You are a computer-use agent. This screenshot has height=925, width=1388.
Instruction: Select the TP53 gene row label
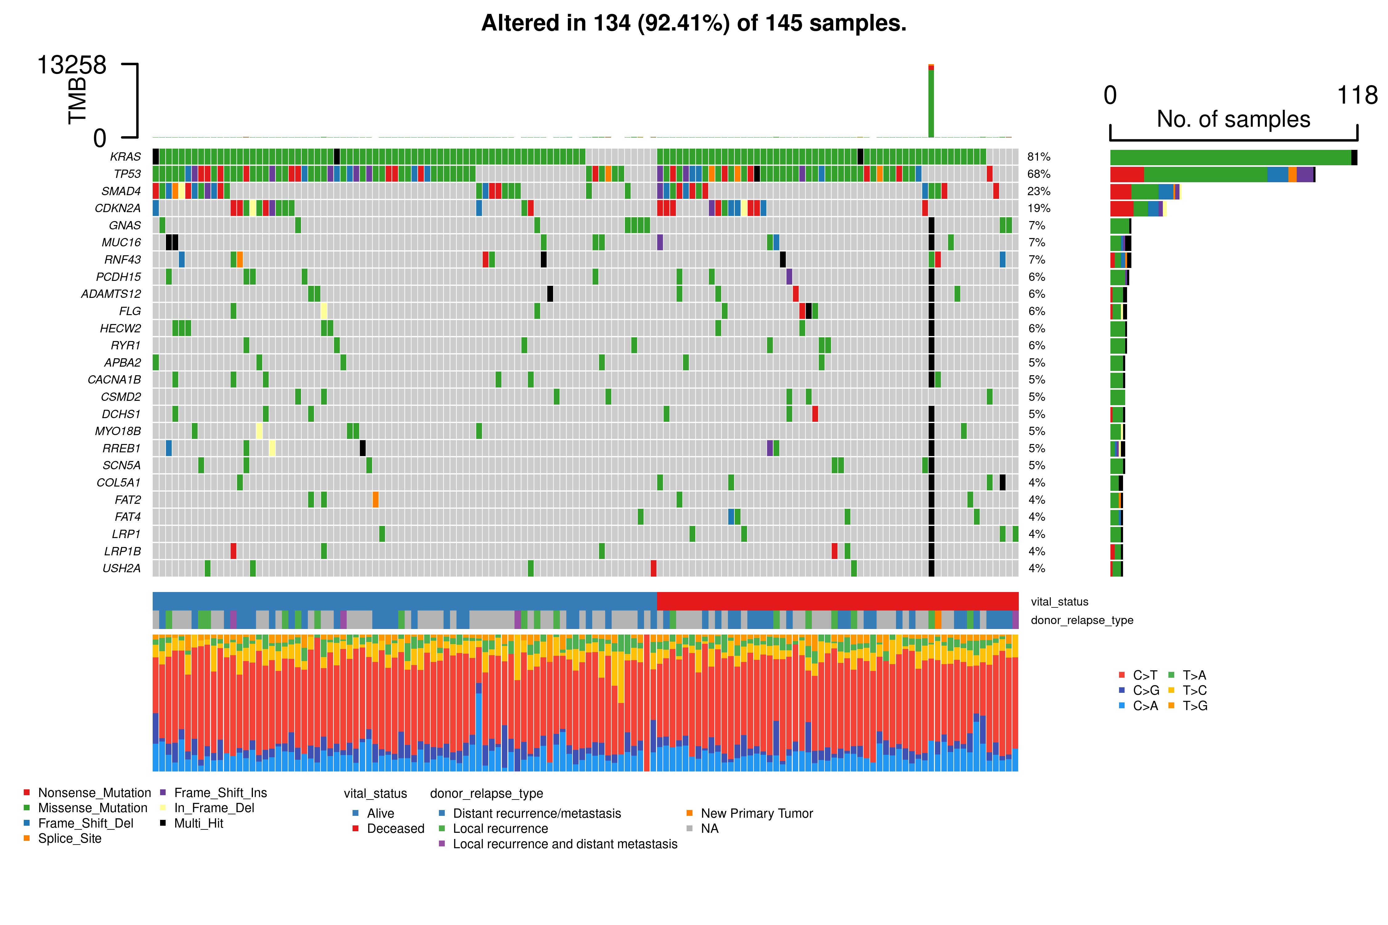coord(127,174)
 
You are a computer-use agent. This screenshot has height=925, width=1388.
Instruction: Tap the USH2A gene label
coord(122,569)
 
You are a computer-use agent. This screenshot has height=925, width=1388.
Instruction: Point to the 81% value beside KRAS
coord(1039,157)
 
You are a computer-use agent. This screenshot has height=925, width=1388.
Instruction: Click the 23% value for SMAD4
coord(1039,191)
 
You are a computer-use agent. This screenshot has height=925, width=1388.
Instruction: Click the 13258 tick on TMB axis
coord(72,65)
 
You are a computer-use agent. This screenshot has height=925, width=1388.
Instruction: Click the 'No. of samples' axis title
coord(1233,119)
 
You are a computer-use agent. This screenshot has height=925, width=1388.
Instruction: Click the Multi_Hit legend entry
coord(198,824)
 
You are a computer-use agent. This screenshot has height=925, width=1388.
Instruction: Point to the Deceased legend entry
coord(395,829)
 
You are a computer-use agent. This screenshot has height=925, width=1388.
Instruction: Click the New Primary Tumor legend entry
coord(757,813)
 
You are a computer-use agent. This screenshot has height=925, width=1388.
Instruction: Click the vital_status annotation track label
coord(1059,602)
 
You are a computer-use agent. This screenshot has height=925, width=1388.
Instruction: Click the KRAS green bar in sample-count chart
coord(1230,158)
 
